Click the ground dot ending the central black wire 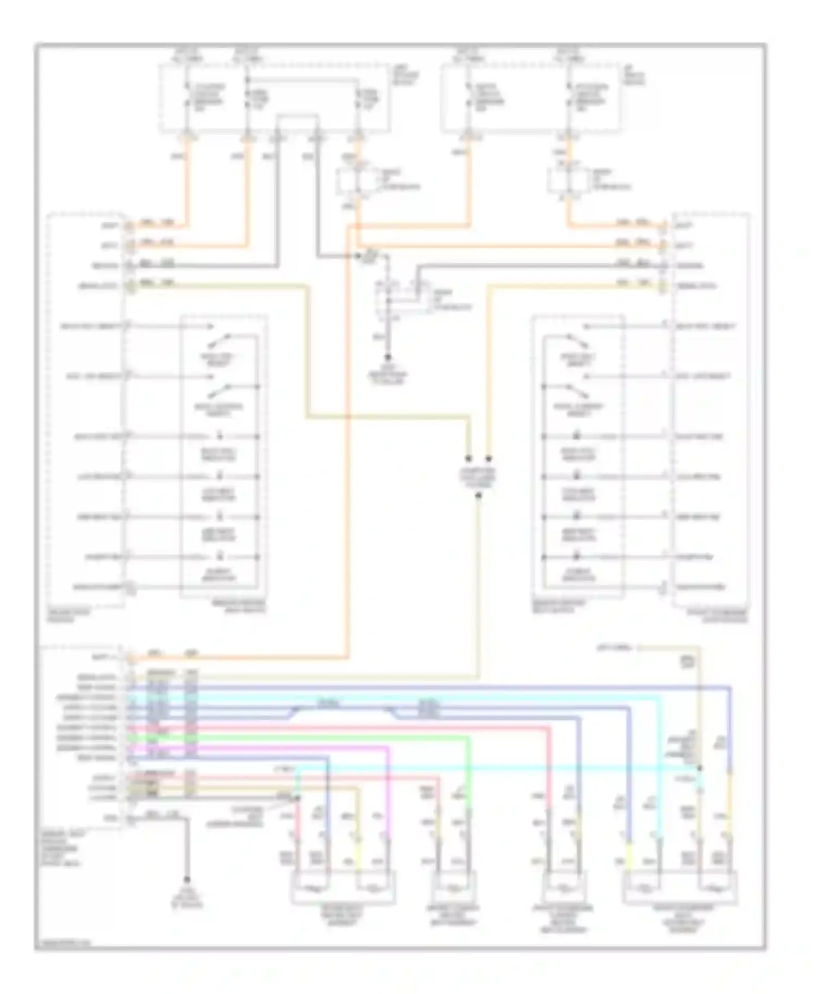[388, 357]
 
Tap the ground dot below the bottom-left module [187, 879]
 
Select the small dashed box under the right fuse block [568, 181]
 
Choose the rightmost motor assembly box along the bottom [680, 889]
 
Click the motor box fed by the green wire [454, 889]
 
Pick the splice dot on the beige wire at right [700, 768]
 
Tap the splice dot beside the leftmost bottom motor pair [298, 799]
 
